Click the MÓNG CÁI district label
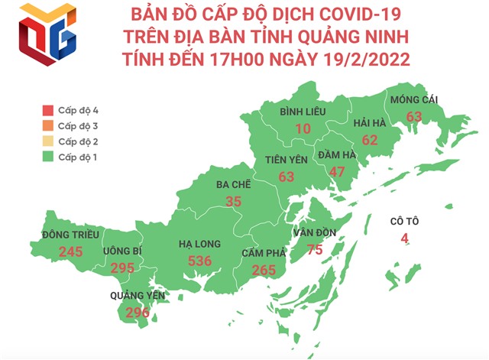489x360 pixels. point(415,100)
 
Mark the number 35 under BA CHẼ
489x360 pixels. point(234,201)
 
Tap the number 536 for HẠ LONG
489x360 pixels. point(199,261)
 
